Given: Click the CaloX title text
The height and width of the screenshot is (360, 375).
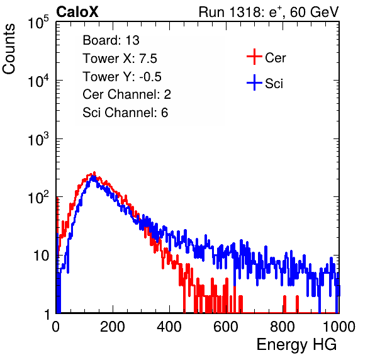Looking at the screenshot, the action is point(77,12).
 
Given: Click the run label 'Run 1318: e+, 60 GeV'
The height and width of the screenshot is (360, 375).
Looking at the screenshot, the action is point(269,12).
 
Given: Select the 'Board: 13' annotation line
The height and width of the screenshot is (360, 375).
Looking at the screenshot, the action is point(111,40).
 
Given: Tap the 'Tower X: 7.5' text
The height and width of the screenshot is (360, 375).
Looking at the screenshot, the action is point(120,59).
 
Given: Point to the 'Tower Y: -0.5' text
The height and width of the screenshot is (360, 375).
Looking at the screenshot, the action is point(122,77).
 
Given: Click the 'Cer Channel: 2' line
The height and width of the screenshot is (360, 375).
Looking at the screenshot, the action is point(126,94).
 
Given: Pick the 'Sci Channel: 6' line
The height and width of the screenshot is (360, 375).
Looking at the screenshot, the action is point(125,113).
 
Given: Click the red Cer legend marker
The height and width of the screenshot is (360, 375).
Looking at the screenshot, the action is point(254,57).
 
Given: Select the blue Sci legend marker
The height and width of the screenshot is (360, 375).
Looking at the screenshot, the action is point(254,83).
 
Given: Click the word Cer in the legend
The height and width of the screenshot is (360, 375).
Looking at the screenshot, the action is point(275,58).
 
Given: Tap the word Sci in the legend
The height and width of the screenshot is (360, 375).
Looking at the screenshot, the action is point(274,84).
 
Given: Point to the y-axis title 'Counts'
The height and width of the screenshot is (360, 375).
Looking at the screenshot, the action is point(9,48).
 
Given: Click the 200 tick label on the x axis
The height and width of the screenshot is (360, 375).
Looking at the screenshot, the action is point(113,327).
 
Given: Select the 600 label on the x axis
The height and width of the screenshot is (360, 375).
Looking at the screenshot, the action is point(226,327).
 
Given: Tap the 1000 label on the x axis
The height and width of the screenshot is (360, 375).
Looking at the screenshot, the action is point(339,327).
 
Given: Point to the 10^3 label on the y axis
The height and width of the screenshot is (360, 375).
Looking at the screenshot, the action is point(38,139).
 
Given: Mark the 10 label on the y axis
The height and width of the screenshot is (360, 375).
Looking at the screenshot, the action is point(41,256).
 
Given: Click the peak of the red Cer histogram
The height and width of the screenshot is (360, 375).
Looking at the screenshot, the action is point(94,172).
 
